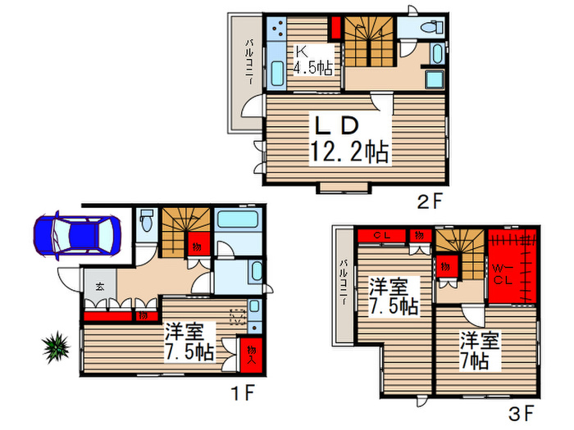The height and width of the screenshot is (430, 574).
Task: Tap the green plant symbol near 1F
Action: tap(56, 349)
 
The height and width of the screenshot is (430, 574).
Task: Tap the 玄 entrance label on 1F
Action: tap(99, 287)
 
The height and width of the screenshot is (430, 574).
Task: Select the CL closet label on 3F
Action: tap(382, 236)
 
